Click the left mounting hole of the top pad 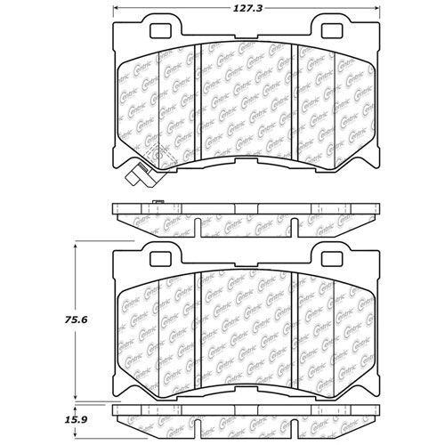point(161,31)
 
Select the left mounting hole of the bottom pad point(161,258)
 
